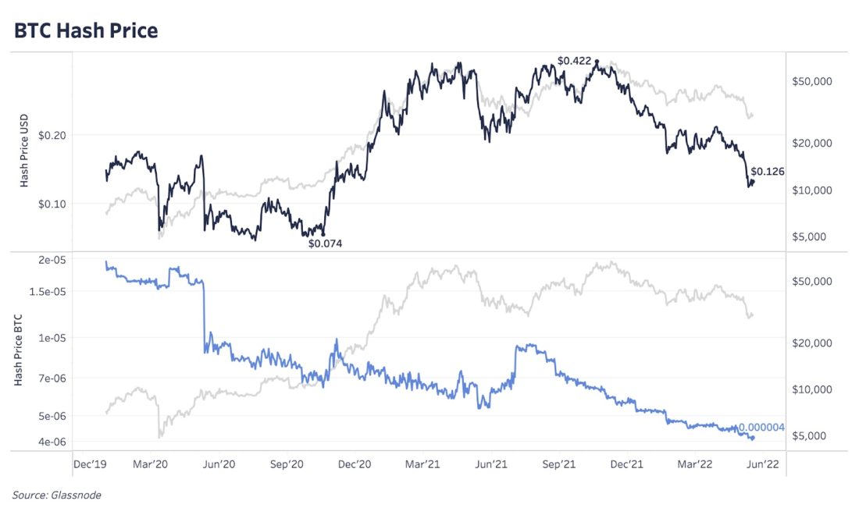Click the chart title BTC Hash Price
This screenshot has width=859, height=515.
[x=86, y=30]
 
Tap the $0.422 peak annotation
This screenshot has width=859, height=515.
[x=574, y=61]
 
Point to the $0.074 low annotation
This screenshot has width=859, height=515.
[x=325, y=243]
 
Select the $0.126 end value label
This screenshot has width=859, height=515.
[x=767, y=172]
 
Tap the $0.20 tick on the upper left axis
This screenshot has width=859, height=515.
[x=52, y=135]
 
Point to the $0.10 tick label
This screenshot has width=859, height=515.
[x=52, y=204]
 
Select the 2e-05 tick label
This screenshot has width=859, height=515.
[x=52, y=260]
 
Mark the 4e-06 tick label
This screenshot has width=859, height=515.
[x=52, y=442]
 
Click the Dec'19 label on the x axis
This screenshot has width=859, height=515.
[x=90, y=464]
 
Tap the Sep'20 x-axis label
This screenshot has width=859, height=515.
[x=286, y=464]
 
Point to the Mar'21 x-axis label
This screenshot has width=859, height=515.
[x=422, y=464]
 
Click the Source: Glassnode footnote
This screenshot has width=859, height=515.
[x=56, y=495]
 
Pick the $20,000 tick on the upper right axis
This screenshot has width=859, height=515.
[x=811, y=144]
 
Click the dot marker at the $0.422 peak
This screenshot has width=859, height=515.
[x=597, y=62]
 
